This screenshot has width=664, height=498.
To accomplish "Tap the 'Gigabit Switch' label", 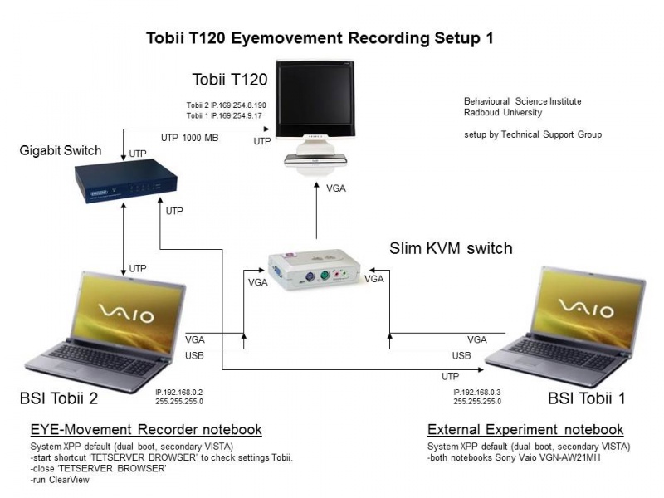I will (61, 150).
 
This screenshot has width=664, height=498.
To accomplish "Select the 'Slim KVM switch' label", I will (451, 248).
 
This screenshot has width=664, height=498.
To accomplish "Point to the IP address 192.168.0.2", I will (179, 392).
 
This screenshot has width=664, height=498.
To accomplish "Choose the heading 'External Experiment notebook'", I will (525, 430).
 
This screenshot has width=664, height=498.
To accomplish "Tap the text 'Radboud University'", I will (503, 113).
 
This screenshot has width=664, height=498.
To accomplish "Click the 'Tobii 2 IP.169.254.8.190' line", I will (226, 105).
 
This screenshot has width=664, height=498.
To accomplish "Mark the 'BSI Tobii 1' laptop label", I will (587, 398).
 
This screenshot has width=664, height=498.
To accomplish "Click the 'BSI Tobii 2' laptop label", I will (59, 398).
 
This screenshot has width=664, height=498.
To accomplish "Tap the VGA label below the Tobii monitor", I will (336, 188).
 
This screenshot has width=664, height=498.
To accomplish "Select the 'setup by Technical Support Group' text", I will (532, 134).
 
